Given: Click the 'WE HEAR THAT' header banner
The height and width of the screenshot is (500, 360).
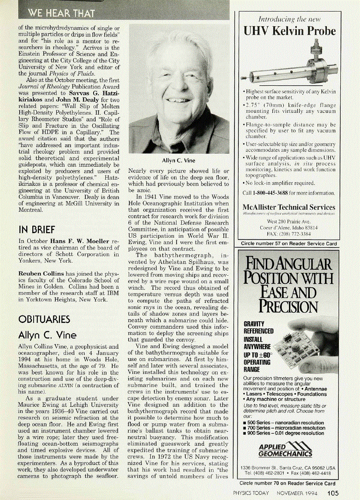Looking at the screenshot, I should [x=61, y=13].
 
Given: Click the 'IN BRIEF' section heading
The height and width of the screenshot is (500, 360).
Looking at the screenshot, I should [x=37, y=229].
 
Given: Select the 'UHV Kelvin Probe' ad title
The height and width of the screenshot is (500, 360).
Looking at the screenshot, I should [x=290, y=31].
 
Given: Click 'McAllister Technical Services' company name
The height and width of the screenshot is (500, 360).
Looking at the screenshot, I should [x=289, y=207].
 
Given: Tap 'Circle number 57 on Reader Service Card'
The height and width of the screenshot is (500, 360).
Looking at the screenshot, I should [x=289, y=244].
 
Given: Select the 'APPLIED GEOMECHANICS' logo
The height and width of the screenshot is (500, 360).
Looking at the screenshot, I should [x=286, y=450].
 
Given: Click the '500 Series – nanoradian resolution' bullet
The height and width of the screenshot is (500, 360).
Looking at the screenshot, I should [x=286, y=423].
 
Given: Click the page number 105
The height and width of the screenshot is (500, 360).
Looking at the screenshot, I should [x=333, y=493].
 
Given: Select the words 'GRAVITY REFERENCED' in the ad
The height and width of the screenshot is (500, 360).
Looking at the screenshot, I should [x=258, y=327].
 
